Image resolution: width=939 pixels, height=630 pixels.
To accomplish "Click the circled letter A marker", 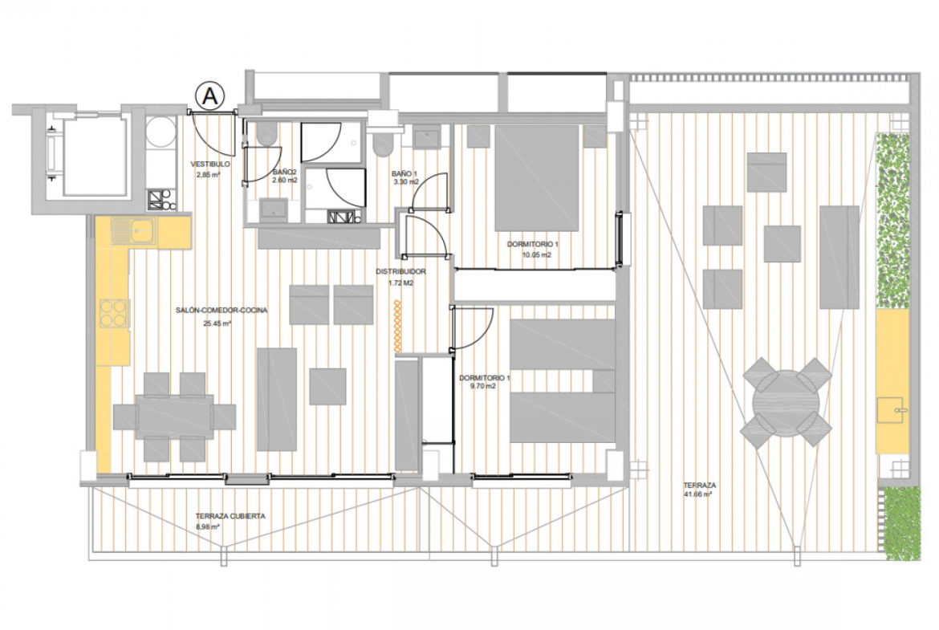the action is [209, 96].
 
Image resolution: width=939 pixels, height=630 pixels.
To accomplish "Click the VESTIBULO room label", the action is [210, 164].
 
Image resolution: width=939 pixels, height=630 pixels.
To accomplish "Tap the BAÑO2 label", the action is [284, 171].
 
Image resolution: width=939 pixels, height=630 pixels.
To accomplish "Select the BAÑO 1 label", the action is [404, 173].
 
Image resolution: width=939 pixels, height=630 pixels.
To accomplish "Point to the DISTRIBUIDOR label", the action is [400, 272].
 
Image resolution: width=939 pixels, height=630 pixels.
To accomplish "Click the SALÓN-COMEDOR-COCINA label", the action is [222, 311].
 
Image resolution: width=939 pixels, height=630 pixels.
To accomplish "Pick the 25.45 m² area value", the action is [217, 323].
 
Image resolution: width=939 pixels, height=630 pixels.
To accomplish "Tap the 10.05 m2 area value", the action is [537, 255].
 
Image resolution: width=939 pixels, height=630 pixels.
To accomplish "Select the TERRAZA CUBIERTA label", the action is [230, 516].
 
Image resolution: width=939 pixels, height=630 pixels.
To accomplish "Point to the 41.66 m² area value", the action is [697, 494].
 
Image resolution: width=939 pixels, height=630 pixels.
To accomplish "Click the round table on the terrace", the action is [786, 402].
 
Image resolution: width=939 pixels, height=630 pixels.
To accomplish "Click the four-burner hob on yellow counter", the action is [113, 313].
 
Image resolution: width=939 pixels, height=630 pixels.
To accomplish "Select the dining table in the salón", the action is [174, 417].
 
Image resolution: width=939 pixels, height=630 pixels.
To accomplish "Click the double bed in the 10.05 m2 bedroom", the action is [537, 178].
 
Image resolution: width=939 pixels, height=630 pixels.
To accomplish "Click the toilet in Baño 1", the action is [382, 144].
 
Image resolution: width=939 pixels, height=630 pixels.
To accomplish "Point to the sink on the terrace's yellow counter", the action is [891, 409].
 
